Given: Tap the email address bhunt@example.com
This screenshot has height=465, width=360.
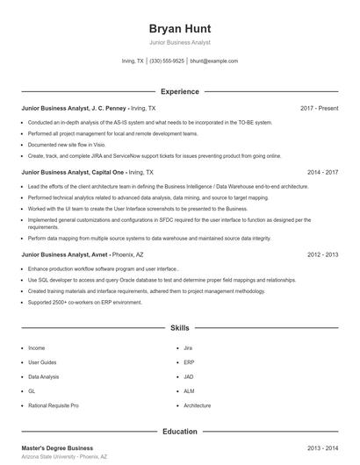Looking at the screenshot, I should [213, 61].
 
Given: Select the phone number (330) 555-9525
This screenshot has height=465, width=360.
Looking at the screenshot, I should [167, 61].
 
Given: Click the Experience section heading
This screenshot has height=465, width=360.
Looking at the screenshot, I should [179, 91].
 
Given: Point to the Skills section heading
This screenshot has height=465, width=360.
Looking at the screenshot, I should [179, 327].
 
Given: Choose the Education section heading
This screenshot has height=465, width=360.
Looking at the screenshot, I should [179, 432].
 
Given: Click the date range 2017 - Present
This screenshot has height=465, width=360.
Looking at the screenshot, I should [319, 108].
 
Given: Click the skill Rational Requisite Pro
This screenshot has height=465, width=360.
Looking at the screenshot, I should [54, 406].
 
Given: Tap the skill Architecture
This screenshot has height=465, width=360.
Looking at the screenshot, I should [198, 406].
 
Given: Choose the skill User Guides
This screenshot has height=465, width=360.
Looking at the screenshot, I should [42, 361].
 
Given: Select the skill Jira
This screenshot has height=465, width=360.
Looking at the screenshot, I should [189, 347].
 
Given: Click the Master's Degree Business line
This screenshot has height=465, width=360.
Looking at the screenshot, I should [57, 448].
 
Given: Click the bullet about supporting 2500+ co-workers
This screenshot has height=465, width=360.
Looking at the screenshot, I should [84, 302].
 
